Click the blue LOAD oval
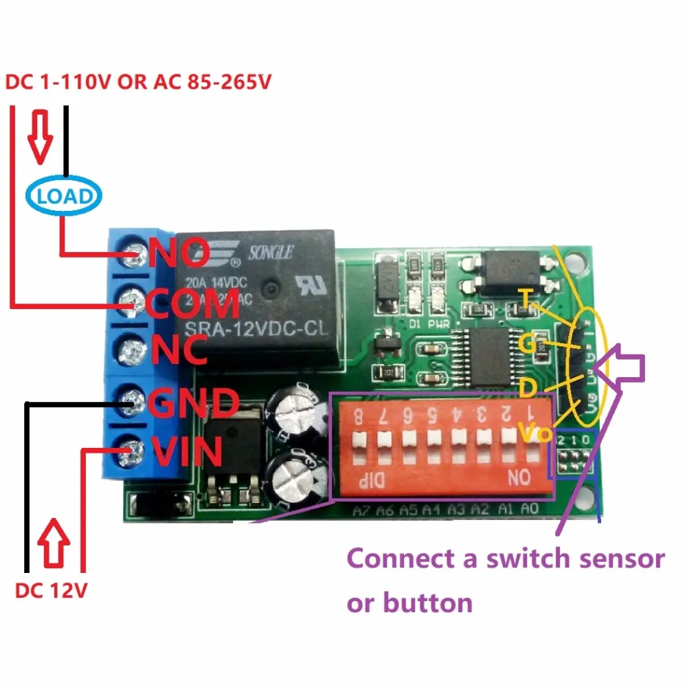click(65, 196)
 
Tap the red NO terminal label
click(181, 253)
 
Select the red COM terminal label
click(194, 303)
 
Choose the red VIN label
click(187, 452)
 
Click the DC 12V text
click(52, 590)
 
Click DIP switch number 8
click(359, 440)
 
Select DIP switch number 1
click(532, 440)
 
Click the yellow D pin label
click(528, 390)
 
